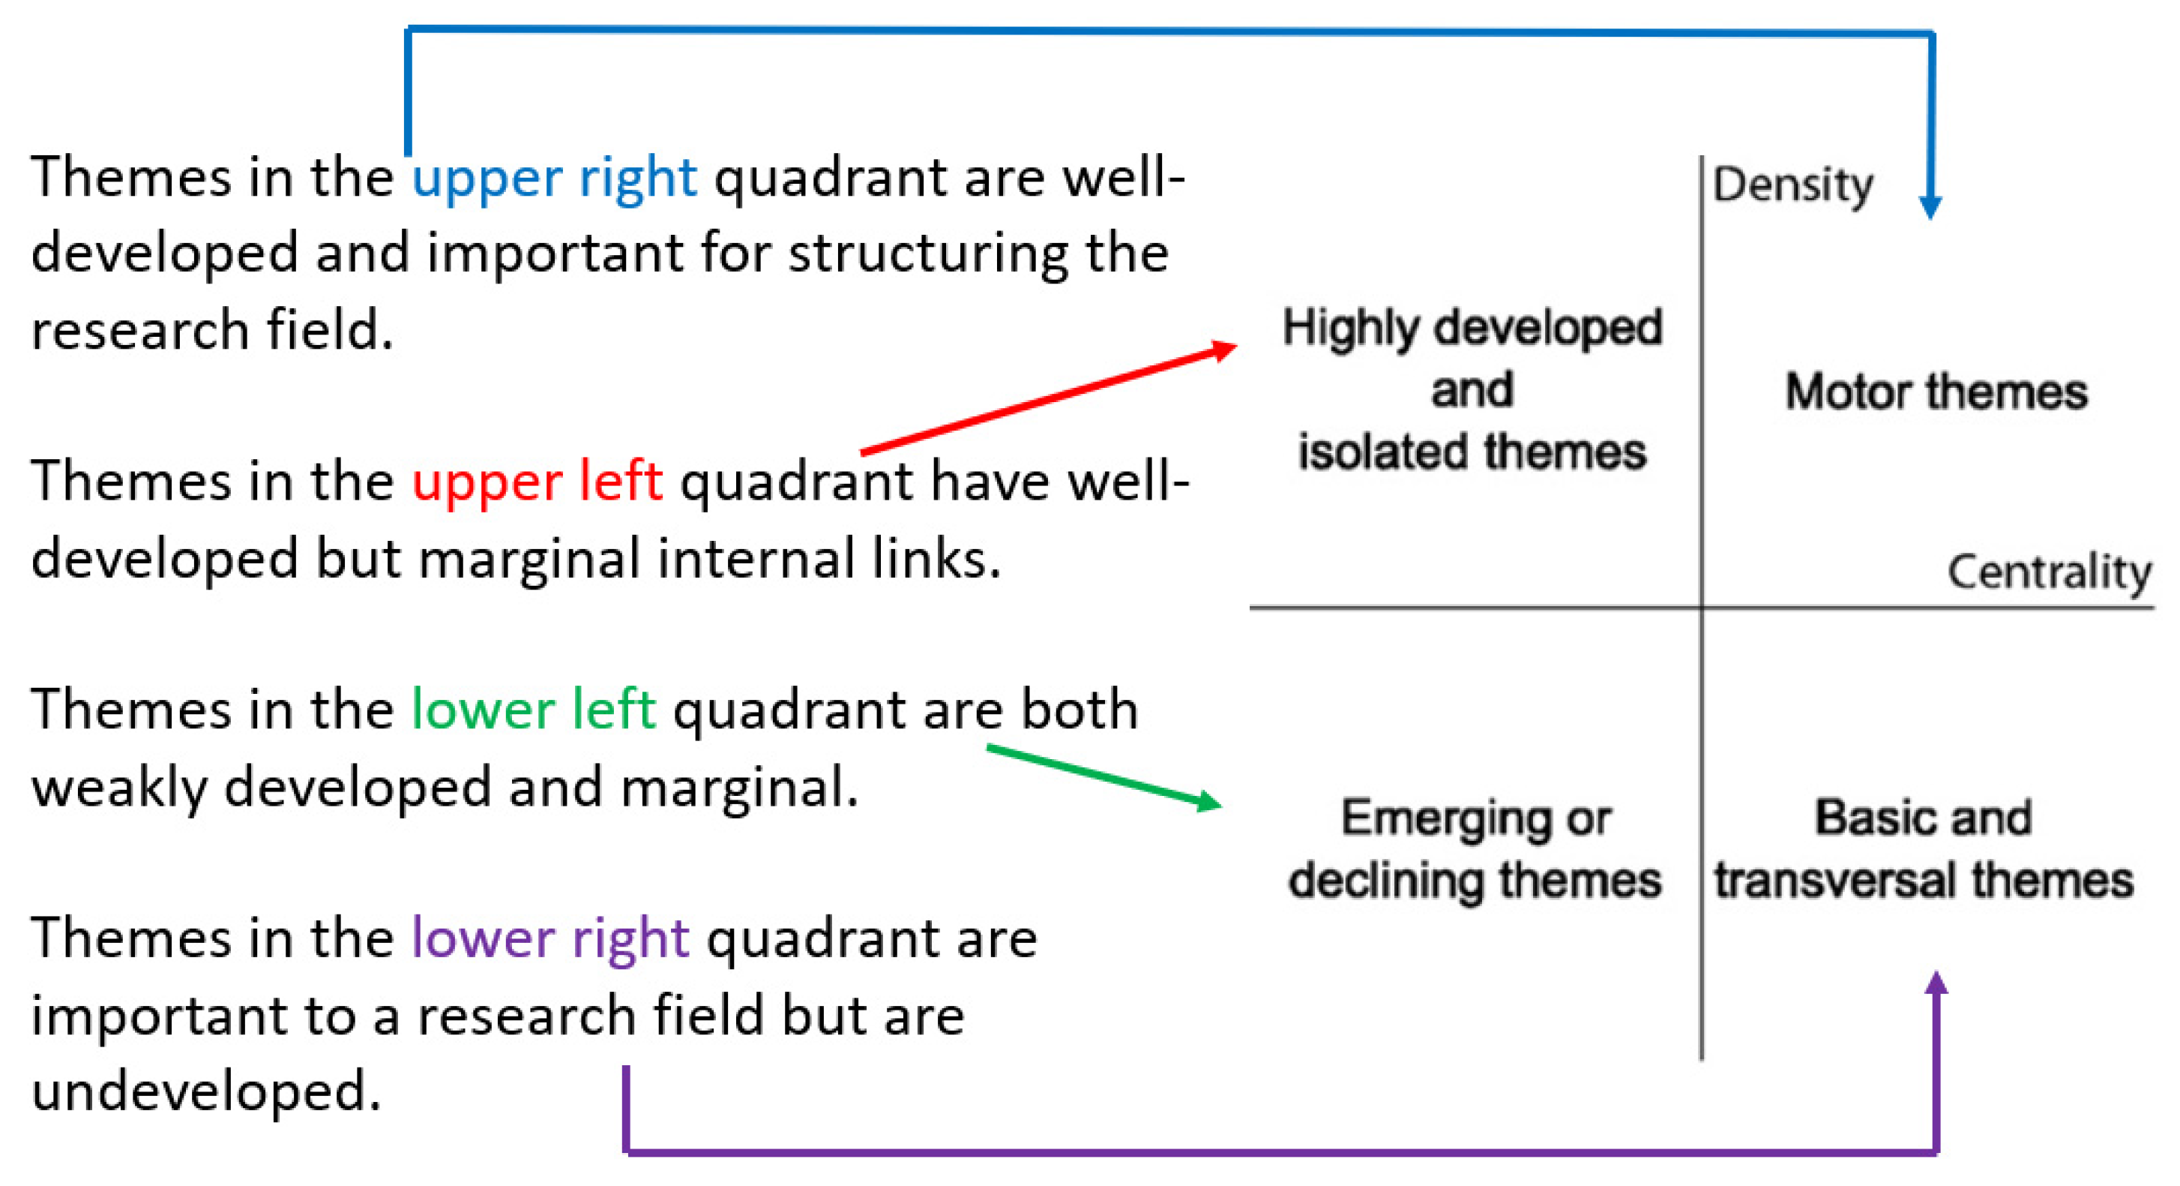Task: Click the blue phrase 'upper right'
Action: tap(554, 178)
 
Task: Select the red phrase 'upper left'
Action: tap(538, 482)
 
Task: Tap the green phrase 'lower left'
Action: tap(533, 710)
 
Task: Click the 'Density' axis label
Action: tap(1792, 185)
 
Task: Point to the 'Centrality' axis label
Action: tap(2049, 572)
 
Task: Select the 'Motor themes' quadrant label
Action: tap(1936, 392)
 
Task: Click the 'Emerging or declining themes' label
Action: tap(1475, 849)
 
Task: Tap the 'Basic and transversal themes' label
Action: tap(1924, 849)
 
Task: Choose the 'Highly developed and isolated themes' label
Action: tap(1472, 389)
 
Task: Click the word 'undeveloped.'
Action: tap(205, 1091)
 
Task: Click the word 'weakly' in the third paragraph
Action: tap(118, 787)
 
